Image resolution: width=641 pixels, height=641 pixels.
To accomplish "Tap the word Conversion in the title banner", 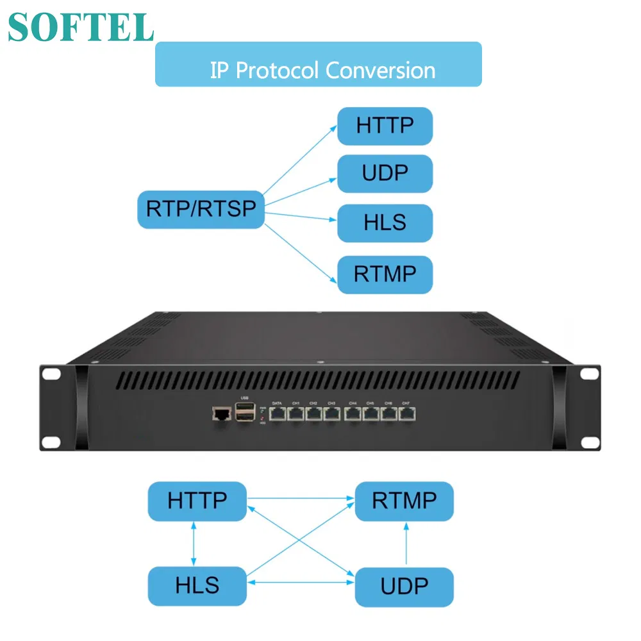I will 380,70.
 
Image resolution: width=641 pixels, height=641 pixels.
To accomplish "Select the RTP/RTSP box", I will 201,208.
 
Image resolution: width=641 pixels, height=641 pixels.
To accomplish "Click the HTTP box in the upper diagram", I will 385,126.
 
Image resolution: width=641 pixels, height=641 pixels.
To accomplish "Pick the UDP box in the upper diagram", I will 385,174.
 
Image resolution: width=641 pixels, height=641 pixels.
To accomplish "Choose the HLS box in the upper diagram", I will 385,222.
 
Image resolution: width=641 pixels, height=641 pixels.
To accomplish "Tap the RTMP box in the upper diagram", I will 385,274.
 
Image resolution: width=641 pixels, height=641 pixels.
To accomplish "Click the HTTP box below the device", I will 197,501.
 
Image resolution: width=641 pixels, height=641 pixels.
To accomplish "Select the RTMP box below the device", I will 404,501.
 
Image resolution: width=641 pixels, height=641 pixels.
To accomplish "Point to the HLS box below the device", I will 197,585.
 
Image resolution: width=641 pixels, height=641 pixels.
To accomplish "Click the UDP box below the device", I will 404,585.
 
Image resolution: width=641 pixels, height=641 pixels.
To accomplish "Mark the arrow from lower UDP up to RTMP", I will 405,544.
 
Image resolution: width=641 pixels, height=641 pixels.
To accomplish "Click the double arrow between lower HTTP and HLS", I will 194,544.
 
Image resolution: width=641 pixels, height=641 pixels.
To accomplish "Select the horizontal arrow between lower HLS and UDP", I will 301,582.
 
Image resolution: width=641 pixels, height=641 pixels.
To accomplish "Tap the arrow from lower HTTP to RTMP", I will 301,498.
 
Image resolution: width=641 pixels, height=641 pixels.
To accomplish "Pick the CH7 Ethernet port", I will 406,413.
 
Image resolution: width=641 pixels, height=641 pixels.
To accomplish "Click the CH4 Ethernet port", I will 353,413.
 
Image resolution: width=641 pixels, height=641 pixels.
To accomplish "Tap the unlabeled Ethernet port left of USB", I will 221,414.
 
